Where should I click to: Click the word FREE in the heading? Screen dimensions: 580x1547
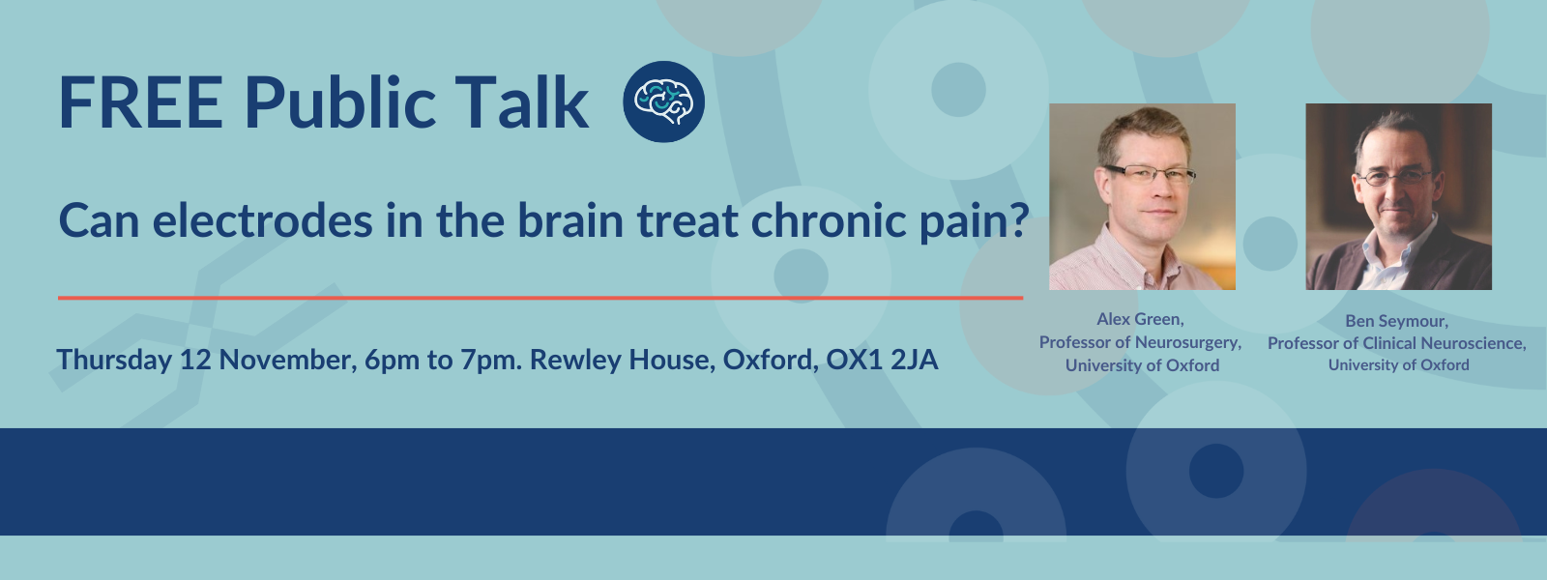coord(140,103)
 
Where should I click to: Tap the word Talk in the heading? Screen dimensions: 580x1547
coord(521,103)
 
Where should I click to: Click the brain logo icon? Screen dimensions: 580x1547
coord(663,101)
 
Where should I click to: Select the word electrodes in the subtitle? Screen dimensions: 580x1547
coord(262,221)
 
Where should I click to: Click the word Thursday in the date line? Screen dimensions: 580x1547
coord(114,361)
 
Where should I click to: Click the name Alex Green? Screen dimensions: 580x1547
coord(1140,319)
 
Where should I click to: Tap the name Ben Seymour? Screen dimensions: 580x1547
coord(1396,321)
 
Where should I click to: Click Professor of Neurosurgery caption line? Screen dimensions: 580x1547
coord(1140,342)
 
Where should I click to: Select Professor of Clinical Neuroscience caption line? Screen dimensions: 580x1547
coord(1396,343)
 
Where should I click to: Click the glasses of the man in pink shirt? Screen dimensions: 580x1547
coord(1151,175)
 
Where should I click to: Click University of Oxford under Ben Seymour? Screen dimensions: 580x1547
coord(1398,365)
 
